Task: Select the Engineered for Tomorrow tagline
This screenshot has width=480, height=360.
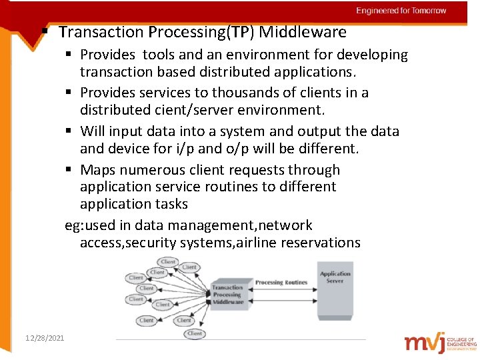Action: click(x=401, y=11)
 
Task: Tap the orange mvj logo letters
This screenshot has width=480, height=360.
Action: click(x=427, y=342)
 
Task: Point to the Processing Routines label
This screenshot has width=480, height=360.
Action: click(x=281, y=283)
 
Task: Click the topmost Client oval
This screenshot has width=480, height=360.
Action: click(x=168, y=262)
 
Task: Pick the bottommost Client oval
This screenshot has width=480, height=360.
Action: click(x=195, y=333)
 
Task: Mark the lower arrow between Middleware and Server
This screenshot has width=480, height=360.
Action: click(x=281, y=302)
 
